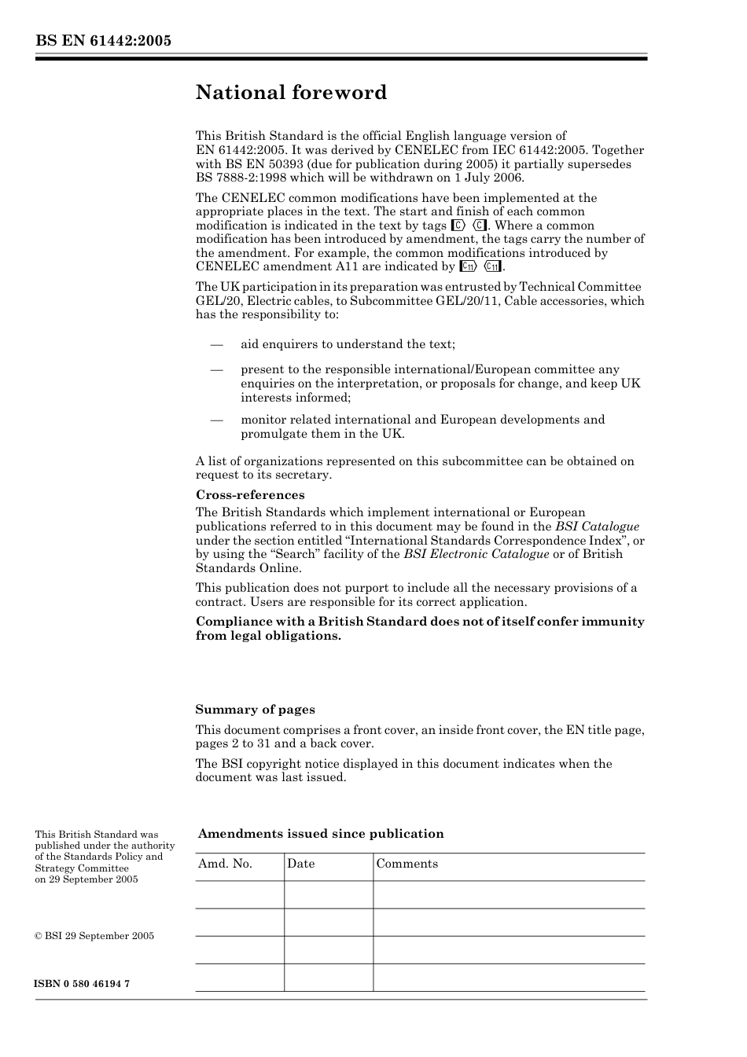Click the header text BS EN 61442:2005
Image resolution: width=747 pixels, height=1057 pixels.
tap(103, 42)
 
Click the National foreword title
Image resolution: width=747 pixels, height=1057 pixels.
tap(291, 93)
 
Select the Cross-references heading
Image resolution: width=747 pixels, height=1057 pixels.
tap(249, 495)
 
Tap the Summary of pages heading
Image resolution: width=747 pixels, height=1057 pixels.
tap(255, 710)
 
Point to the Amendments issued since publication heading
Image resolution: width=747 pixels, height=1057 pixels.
tap(321, 834)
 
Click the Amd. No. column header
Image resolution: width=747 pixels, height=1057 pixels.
tap(225, 864)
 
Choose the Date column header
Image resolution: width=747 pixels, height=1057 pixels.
tap(300, 864)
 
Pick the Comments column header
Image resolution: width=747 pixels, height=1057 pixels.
tap(407, 864)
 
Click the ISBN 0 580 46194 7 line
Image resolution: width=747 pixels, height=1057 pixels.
tap(82, 984)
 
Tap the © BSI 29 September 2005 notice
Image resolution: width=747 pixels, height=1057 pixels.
tap(94, 936)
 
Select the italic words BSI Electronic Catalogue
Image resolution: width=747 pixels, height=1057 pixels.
tap(476, 554)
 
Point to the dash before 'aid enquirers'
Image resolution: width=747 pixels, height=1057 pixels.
tap(216, 344)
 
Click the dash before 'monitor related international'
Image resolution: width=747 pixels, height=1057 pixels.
tap(216, 420)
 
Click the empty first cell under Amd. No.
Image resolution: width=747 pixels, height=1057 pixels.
tap(239, 894)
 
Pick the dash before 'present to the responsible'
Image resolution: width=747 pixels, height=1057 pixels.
tap(216, 369)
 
